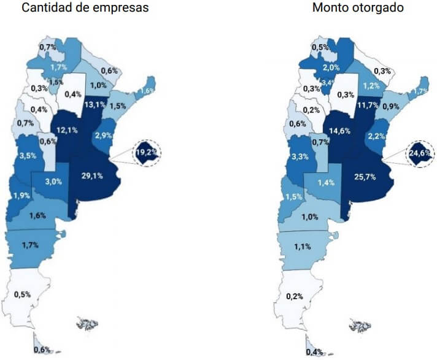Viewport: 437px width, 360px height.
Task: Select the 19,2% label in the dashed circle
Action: pos(145,153)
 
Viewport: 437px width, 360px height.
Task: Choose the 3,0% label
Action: pos(53,182)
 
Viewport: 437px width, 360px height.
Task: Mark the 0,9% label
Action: pos(390,107)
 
